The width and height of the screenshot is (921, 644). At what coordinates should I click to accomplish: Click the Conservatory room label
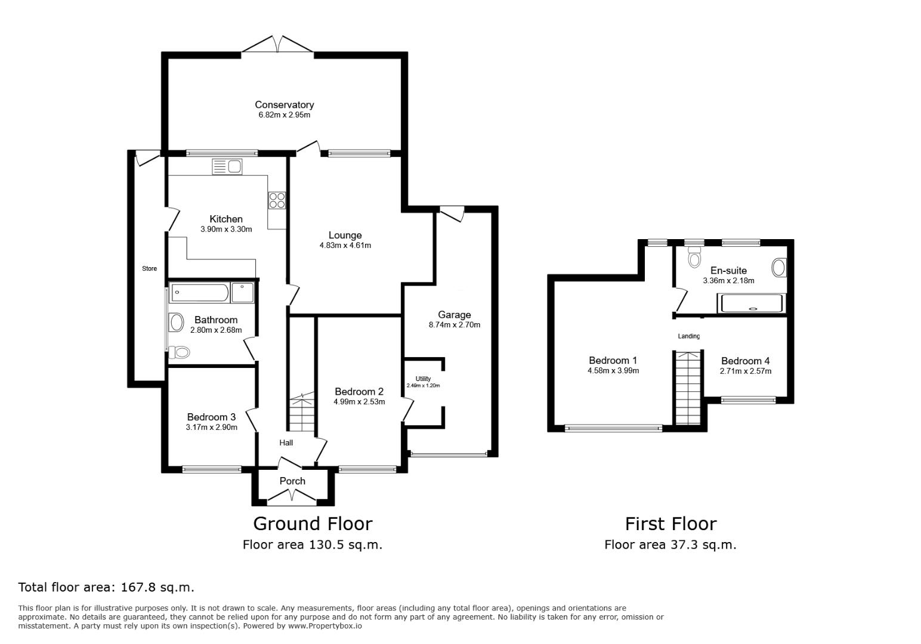click(x=284, y=105)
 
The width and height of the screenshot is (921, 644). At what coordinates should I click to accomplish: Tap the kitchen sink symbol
click(x=227, y=166)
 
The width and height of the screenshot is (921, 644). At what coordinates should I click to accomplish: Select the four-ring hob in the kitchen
click(x=277, y=200)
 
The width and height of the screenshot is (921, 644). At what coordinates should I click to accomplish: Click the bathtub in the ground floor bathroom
click(x=199, y=292)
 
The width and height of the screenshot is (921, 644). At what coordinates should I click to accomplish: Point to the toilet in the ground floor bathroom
click(x=179, y=352)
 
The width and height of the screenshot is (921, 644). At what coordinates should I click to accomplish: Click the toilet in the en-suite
click(x=694, y=258)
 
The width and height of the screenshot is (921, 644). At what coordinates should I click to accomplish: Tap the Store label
click(x=149, y=268)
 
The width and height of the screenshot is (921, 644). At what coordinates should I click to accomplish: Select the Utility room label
click(x=423, y=379)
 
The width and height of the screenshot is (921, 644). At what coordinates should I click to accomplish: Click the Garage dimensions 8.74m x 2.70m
click(x=454, y=325)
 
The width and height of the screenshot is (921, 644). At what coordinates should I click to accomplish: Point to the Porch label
click(x=292, y=481)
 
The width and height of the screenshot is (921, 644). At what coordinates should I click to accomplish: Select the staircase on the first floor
click(x=688, y=388)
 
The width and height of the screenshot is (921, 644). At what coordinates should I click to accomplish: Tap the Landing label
click(x=688, y=336)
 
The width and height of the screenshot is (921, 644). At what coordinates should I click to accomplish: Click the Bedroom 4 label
click(x=745, y=361)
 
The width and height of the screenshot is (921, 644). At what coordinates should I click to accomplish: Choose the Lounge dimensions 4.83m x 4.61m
click(x=345, y=245)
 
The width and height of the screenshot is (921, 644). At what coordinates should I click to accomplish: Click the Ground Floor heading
click(x=313, y=524)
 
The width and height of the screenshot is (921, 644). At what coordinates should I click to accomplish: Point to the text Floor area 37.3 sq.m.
click(x=670, y=544)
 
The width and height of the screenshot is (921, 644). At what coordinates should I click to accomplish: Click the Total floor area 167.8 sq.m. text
click(x=106, y=587)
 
